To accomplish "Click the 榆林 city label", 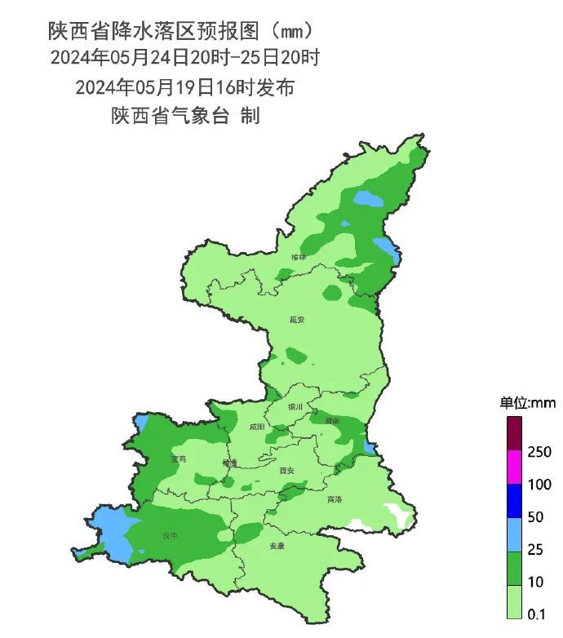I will pos(299,257).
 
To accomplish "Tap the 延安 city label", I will pos(297,320).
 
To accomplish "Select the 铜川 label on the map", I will pos(295,406).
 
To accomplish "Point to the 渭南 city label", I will pos(331,421).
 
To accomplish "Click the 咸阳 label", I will pos(257,426).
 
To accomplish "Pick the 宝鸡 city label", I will pos(179,459).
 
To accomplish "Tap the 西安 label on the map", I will pos(286,471).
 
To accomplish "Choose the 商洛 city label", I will pos(335,499).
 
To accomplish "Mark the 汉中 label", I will pos(170,536).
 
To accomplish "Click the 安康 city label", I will pos(278,547).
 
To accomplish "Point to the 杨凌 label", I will pos(229,463).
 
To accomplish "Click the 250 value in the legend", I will pos(540,452).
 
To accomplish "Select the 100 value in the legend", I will pos(540,485).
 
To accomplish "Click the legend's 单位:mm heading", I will pos(527,402).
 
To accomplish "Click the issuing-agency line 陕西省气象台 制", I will pos(185,116).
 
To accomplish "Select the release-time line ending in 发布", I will pos(184,86).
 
